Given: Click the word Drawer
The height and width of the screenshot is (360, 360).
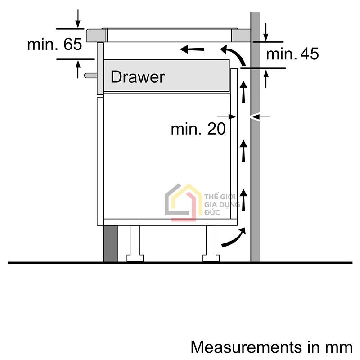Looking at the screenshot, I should click(137, 77).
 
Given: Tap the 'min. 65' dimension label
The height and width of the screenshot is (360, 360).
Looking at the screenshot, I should click(54, 45).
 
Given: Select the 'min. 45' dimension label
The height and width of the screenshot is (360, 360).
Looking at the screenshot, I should click(292, 54).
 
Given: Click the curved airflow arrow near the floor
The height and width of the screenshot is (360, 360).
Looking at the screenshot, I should click(234, 238).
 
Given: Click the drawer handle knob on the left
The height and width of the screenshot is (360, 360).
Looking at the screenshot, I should click(90, 75).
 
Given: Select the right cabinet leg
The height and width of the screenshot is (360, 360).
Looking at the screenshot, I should click(211, 243).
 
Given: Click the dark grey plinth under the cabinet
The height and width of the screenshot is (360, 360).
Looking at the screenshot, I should click(110, 243).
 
